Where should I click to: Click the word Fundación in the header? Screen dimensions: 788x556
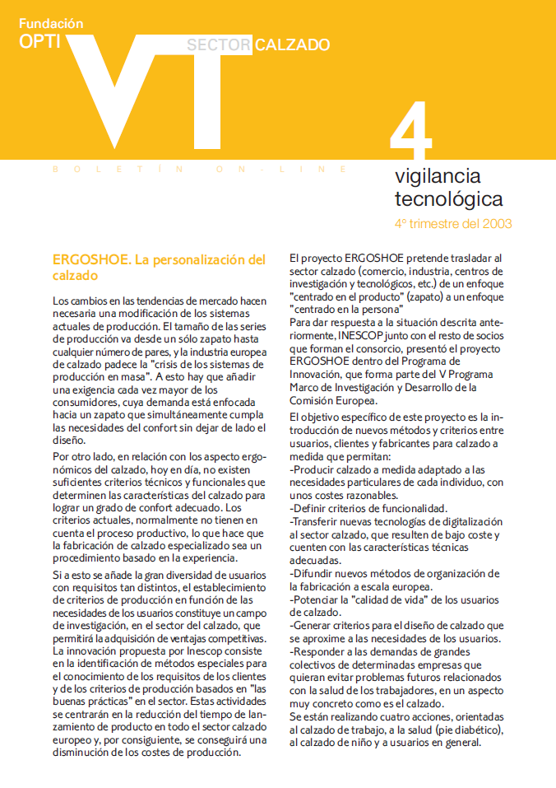[51, 24]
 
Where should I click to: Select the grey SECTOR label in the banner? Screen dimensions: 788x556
[218, 45]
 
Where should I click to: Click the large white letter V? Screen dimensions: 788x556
[107, 82]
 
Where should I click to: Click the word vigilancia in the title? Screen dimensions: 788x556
[438, 175]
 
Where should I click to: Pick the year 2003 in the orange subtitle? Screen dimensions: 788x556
[495, 223]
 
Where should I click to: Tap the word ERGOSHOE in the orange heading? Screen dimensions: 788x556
[88, 259]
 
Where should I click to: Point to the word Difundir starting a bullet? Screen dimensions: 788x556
[317, 573]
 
